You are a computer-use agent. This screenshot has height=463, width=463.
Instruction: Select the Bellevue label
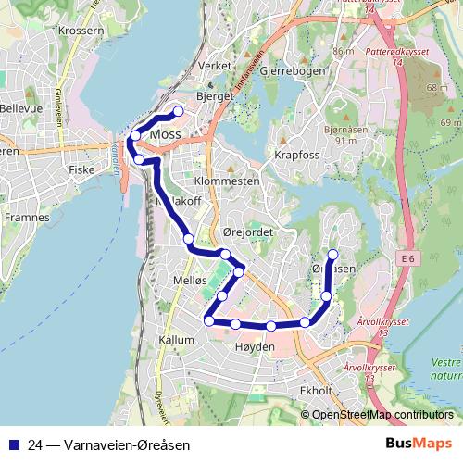pyautogui.click(x=21, y=108)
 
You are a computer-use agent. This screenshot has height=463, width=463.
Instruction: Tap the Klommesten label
pyautogui.click(x=226, y=183)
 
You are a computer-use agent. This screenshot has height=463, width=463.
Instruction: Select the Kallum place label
pyautogui.click(x=177, y=340)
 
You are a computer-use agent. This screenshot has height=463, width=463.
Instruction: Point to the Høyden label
pyautogui.click(x=257, y=346)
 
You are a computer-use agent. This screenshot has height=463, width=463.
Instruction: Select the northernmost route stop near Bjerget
pyautogui.click(x=178, y=112)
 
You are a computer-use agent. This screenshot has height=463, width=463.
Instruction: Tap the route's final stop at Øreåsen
pyautogui.click(x=333, y=255)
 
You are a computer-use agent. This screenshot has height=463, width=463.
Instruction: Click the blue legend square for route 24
pyautogui.click(x=14, y=444)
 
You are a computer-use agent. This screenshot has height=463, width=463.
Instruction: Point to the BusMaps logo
pyautogui.click(x=419, y=444)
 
